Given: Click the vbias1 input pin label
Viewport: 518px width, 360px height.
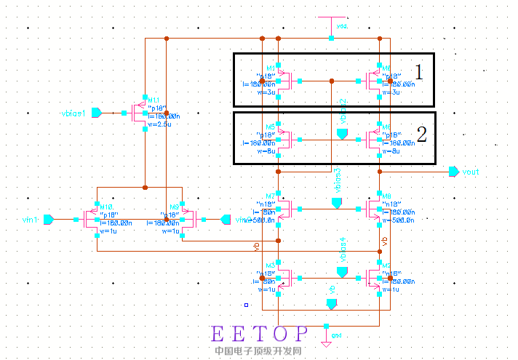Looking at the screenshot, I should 74,113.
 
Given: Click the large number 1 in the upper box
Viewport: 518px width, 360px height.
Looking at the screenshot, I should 418,71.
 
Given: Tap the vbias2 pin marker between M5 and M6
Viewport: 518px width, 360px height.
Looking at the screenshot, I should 343,135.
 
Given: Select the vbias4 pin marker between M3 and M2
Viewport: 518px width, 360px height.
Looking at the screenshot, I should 342,271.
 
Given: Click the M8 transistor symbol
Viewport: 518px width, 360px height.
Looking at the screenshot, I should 376,209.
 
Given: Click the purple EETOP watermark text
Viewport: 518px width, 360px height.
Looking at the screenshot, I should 259,334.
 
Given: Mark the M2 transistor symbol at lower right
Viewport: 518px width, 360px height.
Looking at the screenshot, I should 376,277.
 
